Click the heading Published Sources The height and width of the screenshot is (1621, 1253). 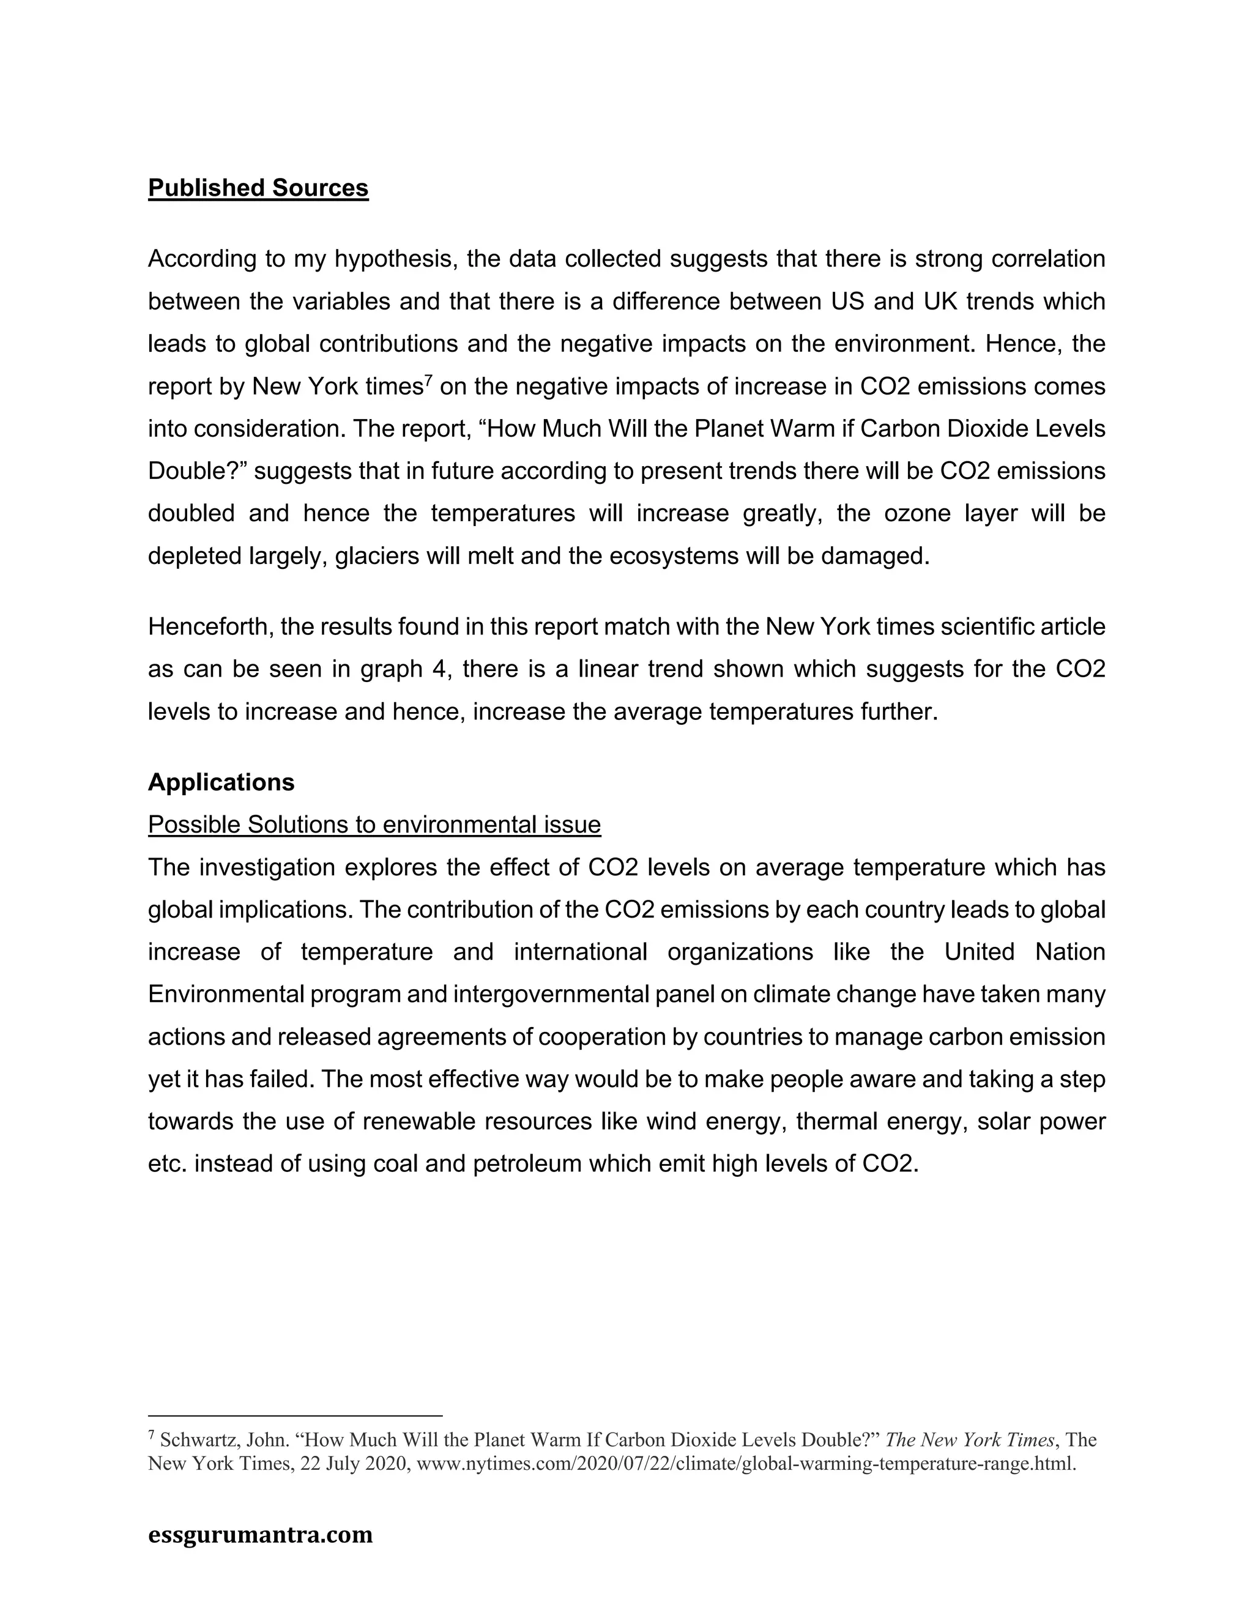tap(258, 188)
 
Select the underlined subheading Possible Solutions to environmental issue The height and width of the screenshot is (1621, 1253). tap(374, 825)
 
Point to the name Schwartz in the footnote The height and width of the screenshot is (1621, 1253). tap(195, 1441)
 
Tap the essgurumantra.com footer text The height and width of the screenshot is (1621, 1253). tap(260, 1534)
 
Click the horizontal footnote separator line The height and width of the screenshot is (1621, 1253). tap(295, 1415)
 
